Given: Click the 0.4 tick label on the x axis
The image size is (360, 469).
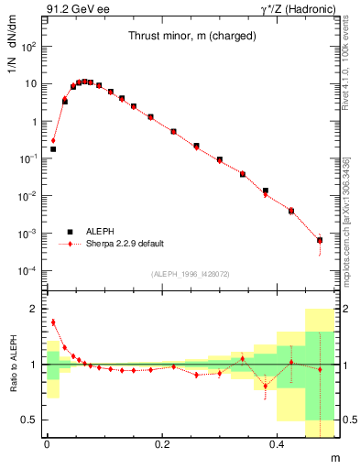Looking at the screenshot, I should pos(278,444).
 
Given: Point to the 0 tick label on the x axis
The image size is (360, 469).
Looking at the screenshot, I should pos(47,444).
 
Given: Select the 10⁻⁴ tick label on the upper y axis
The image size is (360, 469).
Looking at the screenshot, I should pos(29,271).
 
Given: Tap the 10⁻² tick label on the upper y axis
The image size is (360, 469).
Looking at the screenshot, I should pos(29,196).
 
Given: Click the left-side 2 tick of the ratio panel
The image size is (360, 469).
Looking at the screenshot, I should pos(34,310).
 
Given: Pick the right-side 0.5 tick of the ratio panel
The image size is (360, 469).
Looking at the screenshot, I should pos(351,420).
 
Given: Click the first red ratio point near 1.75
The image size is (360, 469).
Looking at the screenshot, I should pos(53,322).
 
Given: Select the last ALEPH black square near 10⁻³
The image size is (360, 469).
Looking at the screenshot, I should pos(320,240).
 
